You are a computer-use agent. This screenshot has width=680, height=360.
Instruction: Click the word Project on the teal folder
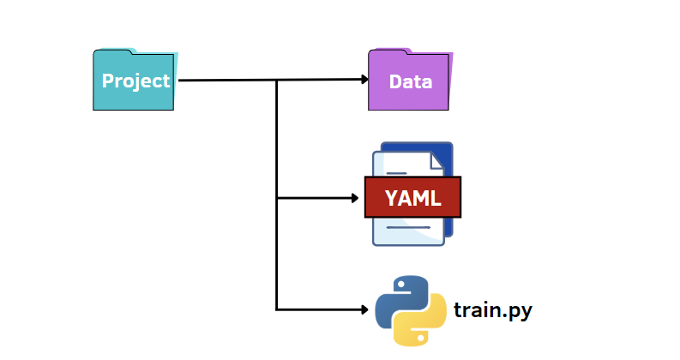[x=135, y=81]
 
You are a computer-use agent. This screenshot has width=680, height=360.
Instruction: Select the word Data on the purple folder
[x=410, y=82]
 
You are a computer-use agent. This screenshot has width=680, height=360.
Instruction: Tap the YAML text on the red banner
[x=412, y=199]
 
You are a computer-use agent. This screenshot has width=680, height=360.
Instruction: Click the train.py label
[x=493, y=309]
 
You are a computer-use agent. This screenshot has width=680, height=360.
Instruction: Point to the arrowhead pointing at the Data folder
[x=364, y=80]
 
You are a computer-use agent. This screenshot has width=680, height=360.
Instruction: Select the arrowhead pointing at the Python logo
[x=363, y=309]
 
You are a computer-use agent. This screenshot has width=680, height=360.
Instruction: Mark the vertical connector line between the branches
[x=276, y=249]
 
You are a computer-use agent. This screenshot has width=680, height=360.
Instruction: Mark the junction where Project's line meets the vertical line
[x=276, y=81]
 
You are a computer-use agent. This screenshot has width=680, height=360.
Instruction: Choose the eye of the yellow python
[x=423, y=336]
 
